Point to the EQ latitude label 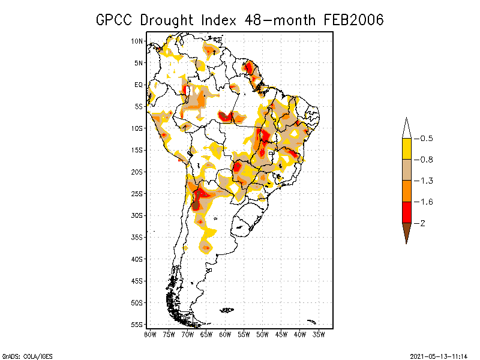coord(139,85)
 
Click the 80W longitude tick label coord(150,334)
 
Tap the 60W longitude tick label coord(225,334)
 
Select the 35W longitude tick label coord(319,334)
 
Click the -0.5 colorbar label coord(427,139)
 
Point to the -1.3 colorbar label coord(427,181)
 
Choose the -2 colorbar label coord(423,223)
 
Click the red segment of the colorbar coord(406,212)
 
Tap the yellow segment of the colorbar coord(406,149)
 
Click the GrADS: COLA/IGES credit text coord(26,355)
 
